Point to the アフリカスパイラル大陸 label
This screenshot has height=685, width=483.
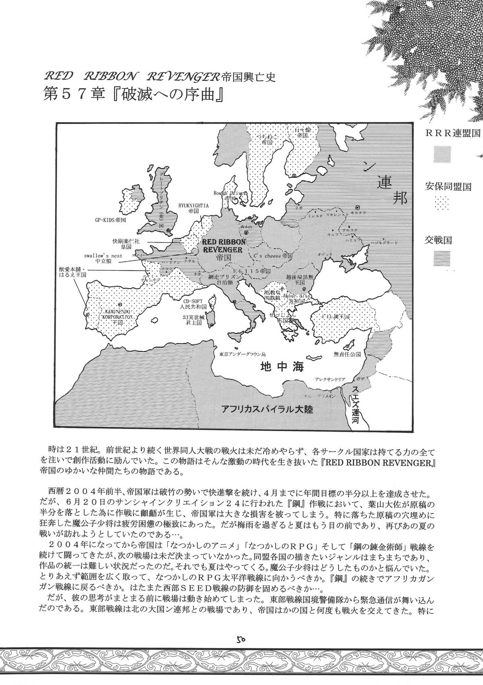267,409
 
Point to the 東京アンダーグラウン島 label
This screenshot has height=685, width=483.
242,354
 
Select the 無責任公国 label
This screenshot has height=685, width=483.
343,354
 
